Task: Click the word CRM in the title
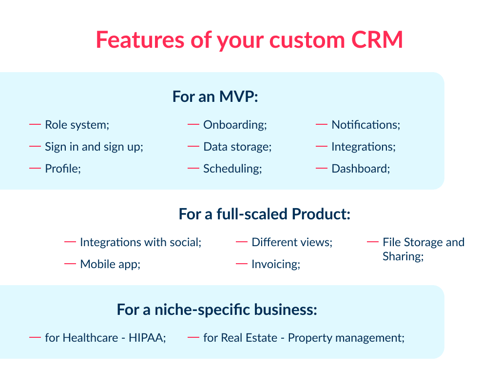pyautogui.click(x=377, y=40)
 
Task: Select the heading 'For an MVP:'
pyautogui.click(x=215, y=96)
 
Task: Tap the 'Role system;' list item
pyautogui.click(x=77, y=125)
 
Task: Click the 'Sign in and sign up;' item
pyautogui.click(x=94, y=147)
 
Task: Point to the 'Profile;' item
pyautogui.click(x=63, y=169)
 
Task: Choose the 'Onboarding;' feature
pyautogui.click(x=235, y=125)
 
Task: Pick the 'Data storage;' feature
pyautogui.click(x=237, y=147)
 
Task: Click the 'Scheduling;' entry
pyautogui.click(x=232, y=169)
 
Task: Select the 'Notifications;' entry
pyautogui.click(x=365, y=125)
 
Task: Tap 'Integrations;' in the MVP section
pyautogui.click(x=363, y=147)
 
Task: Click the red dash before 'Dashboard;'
pyautogui.click(x=321, y=168)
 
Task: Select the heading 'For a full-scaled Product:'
pyautogui.click(x=265, y=214)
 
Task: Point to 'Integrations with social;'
pyautogui.click(x=140, y=242)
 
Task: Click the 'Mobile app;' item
pyautogui.click(x=110, y=264)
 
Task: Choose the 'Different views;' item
pyautogui.click(x=292, y=242)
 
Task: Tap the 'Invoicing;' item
pyautogui.click(x=275, y=264)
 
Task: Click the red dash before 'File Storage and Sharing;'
pyautogui.click(x=373, y=242)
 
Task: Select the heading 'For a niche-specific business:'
pyautogui.click(x=217, y=310)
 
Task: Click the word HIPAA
pyautogui.click(x=147, y=337)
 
